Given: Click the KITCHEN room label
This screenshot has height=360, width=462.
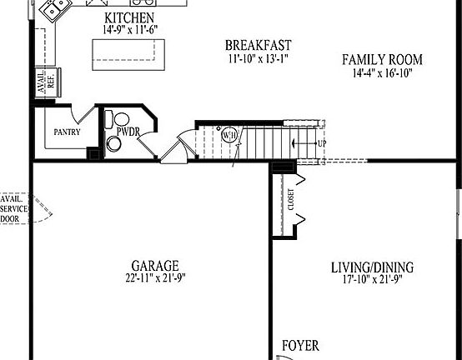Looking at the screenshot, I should point(128,18).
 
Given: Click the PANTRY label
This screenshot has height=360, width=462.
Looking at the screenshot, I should point(67,132).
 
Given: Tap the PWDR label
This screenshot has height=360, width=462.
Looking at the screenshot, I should point(128,132).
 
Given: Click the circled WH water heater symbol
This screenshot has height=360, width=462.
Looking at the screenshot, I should point(228,134).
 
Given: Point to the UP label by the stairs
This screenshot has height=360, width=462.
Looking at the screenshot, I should point(322,143).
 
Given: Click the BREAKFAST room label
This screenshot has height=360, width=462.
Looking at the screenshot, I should point(258,45).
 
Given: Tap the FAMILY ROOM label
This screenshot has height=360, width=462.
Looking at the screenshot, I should point(383,59).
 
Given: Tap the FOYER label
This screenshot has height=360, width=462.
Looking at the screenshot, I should point(300,346).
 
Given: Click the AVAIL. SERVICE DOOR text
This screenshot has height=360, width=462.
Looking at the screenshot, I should point(14,209).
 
